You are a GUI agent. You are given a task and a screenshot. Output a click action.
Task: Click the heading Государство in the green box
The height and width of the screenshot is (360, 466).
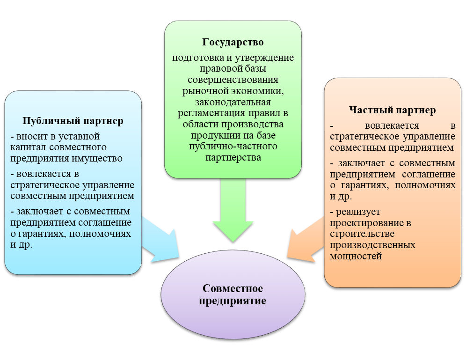(233, 43)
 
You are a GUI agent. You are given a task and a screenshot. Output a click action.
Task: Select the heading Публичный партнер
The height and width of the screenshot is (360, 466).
(73, 121)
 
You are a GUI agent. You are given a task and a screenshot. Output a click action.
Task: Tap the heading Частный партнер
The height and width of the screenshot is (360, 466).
(393, 110)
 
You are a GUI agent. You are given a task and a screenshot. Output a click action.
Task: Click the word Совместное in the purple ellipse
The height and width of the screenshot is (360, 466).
(233, 288)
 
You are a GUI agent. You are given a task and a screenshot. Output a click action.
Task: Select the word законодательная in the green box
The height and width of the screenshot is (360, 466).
(233, 102)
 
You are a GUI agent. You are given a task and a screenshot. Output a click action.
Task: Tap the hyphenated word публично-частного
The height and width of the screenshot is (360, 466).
(233, 147)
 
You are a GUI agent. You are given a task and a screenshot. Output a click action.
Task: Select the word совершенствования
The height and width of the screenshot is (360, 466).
(233, 80)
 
